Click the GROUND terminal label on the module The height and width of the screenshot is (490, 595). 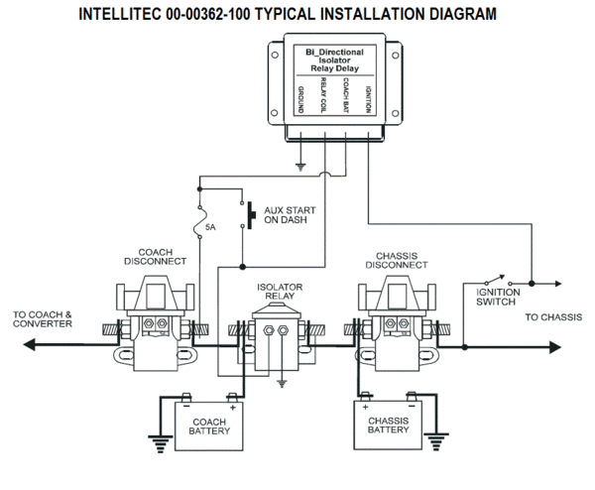point(300,100)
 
